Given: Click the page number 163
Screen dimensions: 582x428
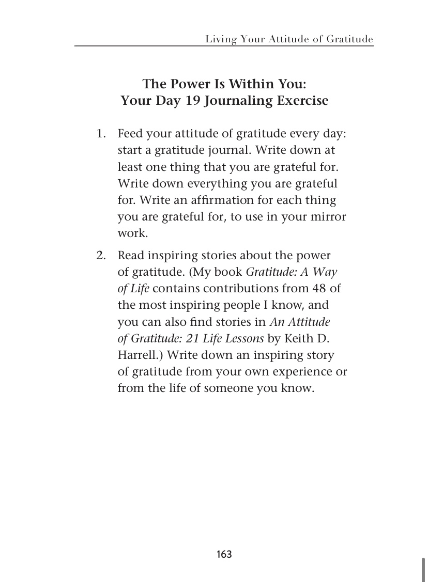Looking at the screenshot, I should (x=224, y=555).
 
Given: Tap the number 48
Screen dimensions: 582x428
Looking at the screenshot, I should (x=321, y=289).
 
